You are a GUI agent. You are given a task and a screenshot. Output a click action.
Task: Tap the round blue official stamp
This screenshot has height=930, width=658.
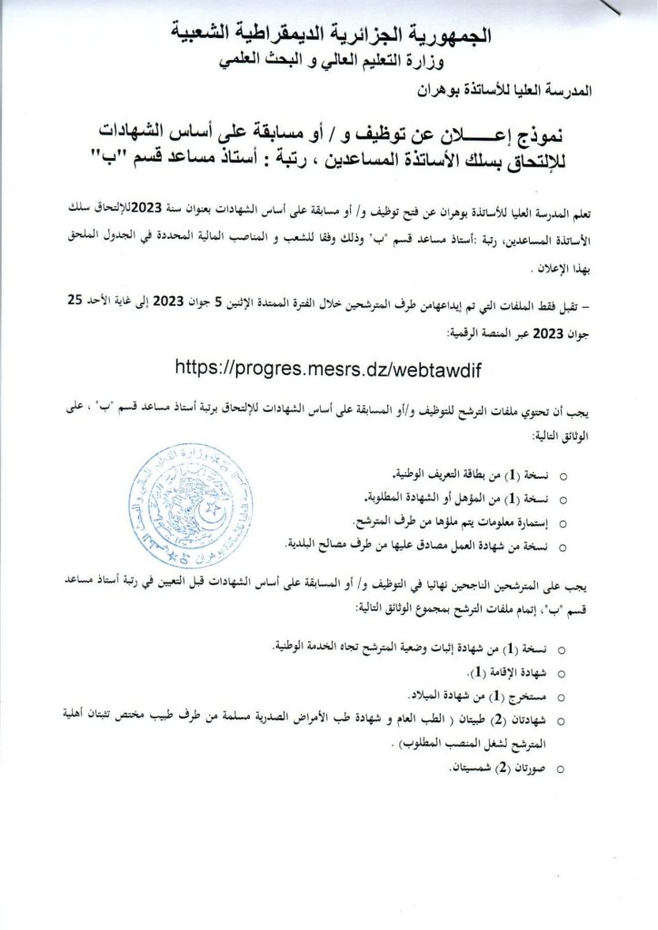coord(191,505)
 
